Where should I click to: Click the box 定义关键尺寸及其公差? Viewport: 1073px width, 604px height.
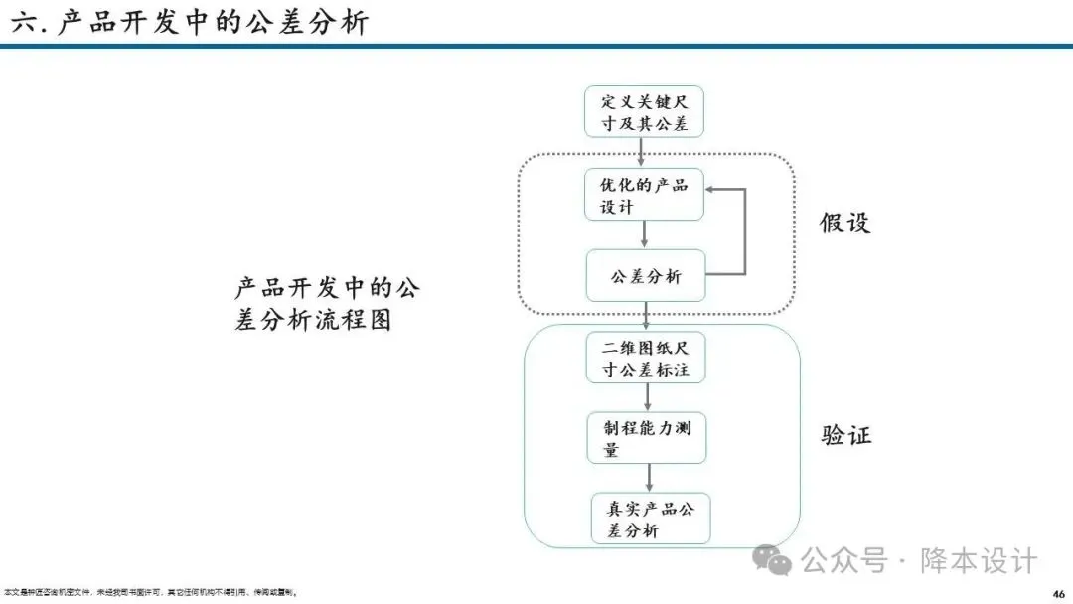pos(644,112)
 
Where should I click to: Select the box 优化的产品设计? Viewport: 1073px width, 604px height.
pos(644,195)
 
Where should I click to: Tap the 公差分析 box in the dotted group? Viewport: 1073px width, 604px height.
pos(646,275)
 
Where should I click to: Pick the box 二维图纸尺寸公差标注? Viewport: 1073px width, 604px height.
pos(646,358)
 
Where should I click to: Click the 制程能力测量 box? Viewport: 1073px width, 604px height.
pos(646,438)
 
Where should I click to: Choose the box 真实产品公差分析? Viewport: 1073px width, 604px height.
pos(651,519)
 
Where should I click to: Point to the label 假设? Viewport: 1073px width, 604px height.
pos(844,223)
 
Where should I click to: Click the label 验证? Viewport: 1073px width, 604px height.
pos(846,435)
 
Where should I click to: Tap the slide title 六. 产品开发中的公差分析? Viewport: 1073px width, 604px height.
pos(190,22)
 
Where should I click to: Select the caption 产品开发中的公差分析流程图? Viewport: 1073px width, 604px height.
pos(327,304)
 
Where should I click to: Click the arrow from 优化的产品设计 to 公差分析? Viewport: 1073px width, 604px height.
pos(645,234)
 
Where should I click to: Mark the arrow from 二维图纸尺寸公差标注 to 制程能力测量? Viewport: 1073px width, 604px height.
pos(647,397)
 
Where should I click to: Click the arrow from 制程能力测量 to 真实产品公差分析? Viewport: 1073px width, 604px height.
pos(649,478)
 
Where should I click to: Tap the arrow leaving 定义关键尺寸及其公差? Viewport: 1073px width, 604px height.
pos(642,152)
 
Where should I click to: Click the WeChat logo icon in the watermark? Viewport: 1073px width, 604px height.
pos(772,561)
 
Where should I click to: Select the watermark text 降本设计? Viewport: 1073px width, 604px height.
pos(979,561)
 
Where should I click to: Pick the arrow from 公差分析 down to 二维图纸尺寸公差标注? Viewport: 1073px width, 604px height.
pos(646,316)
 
